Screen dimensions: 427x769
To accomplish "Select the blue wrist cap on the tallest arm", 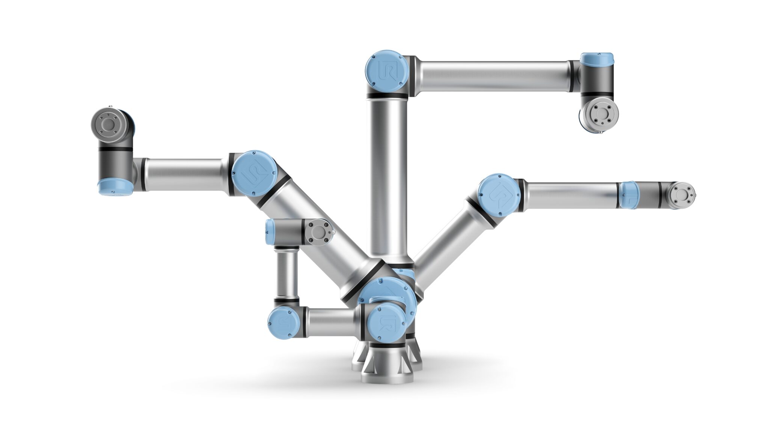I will coord(597,59).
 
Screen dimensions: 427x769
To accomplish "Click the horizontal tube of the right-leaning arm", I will coord(571,194).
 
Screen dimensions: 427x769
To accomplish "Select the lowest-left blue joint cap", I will coord(283,322).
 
